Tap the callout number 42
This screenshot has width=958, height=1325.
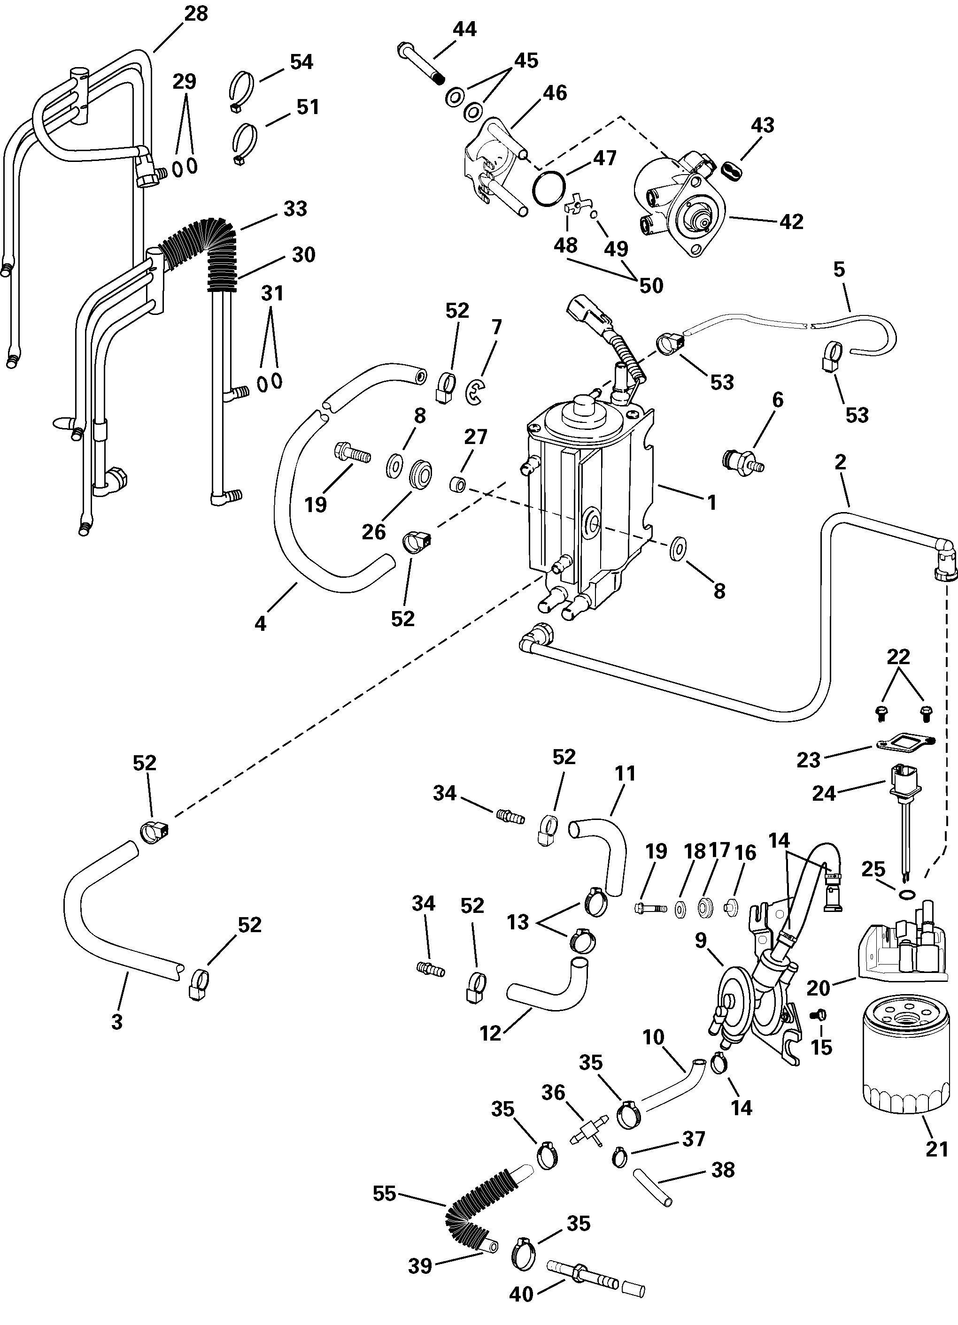pos(792,222)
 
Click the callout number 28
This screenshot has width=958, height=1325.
pos(196,14)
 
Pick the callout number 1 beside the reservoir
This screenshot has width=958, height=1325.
pos(712,502)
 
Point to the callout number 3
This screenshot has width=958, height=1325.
pos(117,1021)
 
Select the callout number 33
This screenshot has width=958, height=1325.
pos(295,208)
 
